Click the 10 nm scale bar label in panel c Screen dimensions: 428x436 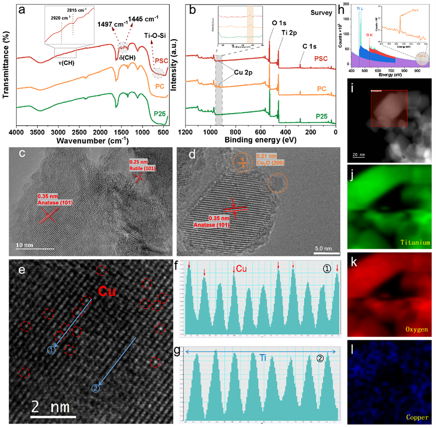point(26,245)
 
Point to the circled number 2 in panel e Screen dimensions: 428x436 point(96,388)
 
